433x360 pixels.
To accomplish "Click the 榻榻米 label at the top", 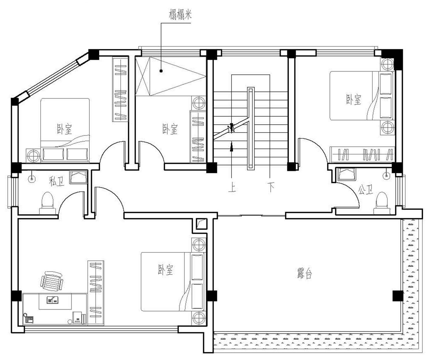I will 180,15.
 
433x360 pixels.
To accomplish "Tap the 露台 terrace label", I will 305,273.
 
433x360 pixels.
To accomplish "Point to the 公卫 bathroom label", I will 365,190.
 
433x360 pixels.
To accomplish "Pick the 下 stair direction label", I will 270,188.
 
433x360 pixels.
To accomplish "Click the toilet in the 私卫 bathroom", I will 47,203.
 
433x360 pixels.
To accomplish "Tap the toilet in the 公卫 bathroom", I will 382,203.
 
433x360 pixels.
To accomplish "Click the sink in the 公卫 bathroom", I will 346,174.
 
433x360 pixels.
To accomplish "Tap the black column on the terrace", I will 397,296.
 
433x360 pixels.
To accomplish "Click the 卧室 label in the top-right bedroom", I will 354,99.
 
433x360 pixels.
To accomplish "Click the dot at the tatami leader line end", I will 161,71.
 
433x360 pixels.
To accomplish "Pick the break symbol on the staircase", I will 231,128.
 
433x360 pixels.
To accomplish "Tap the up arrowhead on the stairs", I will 231,148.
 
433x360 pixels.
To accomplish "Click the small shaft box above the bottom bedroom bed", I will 201,224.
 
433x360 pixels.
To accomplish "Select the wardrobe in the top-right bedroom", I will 362,154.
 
